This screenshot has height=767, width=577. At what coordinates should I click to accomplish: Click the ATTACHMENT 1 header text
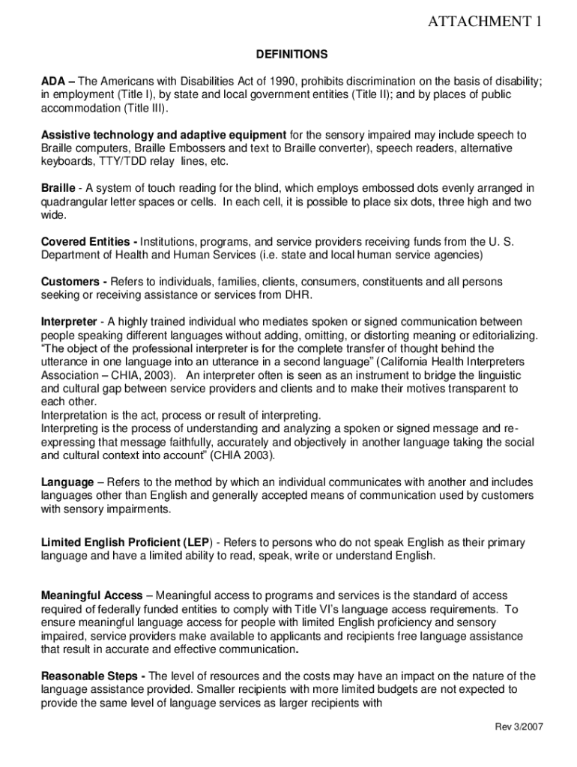coord(484,22)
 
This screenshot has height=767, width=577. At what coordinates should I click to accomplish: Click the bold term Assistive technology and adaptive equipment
coord(163,135)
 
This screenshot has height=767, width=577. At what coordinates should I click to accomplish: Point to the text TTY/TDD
coord(116,162)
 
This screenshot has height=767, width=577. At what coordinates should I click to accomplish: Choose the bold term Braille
coord(58,188)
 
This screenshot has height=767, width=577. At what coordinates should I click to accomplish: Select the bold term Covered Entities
coord(87,242)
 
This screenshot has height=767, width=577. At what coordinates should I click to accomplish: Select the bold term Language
coord(67,482)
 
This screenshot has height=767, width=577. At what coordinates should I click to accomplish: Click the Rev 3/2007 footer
coord(519,727)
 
